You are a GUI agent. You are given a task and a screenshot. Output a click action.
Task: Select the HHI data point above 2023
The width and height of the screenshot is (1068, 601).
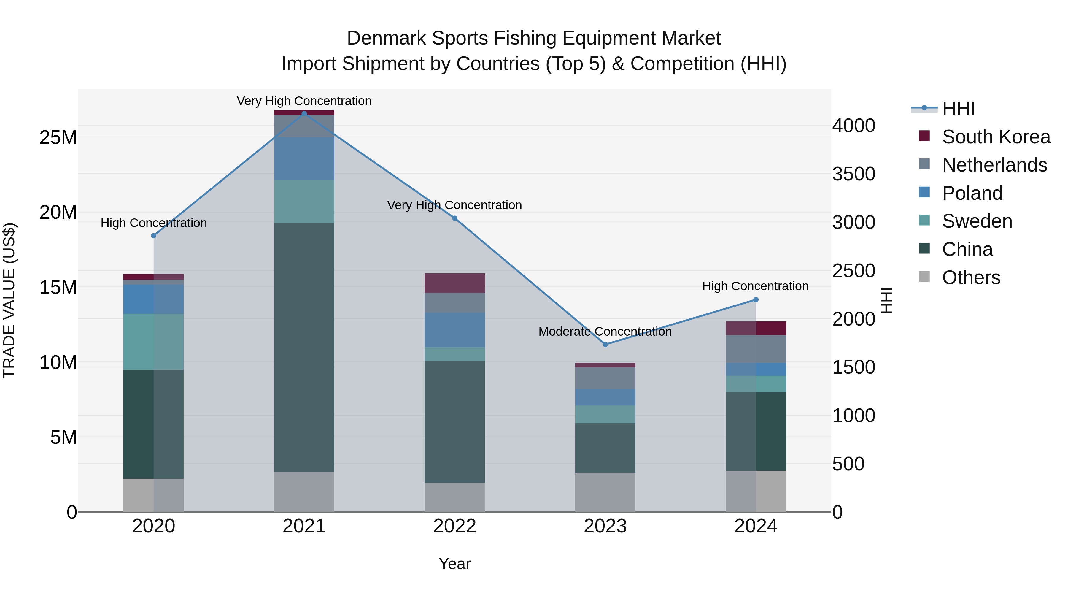pyautogui.click(x=605, y=344)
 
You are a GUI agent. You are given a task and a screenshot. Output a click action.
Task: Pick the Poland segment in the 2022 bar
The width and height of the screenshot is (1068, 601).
pyautogui.click(x=454, y=330)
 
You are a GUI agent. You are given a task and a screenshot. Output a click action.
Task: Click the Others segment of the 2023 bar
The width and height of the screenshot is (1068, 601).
pyautogui.click(x=605, y=492)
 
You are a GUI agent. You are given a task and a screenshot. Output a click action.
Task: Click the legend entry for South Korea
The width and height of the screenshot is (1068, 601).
pyautogui.click(x=996, y=137)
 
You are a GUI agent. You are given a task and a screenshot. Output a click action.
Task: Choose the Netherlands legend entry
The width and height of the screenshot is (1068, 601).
pyautogui.click(x=994, y=165)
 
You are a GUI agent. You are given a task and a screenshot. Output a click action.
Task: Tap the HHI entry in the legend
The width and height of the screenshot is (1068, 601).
pyautogui.click(x=958, y=109)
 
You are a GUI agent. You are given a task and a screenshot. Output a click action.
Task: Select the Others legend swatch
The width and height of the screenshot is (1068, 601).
pyautogui.click(x=924, y=277)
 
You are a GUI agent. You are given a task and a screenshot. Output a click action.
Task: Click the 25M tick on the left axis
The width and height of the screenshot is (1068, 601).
pyautogui.click(x=58, y=137)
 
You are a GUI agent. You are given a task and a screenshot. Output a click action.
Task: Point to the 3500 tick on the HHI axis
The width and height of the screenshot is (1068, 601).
pyautogui.click(x=854, y=174)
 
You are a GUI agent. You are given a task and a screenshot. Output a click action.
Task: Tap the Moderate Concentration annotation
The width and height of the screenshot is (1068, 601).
pyautogui.click(x=605, y=332)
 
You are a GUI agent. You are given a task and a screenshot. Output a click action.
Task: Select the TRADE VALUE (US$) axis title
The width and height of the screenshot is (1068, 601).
pyautogui.click(x=9, y=300)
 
